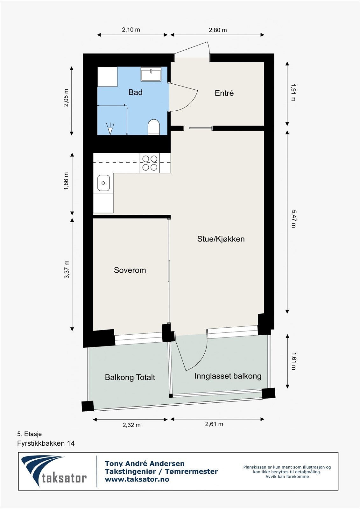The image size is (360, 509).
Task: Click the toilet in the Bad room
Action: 153,127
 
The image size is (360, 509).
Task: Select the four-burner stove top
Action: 150,163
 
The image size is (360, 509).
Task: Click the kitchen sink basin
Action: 103,183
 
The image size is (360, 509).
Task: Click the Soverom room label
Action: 130,270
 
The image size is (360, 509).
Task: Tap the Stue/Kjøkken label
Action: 221,239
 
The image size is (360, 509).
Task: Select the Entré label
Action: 224,93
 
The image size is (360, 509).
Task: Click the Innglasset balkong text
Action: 228,376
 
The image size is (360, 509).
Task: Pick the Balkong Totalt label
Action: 130,377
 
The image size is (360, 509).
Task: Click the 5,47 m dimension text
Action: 293,219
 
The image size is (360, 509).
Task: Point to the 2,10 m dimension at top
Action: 131,30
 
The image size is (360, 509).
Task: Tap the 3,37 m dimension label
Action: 67,269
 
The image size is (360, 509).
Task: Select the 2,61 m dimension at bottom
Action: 214,424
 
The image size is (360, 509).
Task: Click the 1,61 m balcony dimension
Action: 293,361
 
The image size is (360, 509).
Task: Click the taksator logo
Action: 54,471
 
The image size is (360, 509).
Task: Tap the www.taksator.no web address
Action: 137,479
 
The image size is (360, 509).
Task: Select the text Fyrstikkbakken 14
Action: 46,443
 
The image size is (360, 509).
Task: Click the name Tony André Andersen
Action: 145,464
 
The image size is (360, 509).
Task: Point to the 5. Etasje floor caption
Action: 29,434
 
